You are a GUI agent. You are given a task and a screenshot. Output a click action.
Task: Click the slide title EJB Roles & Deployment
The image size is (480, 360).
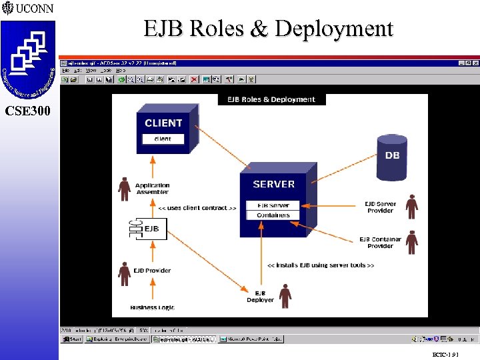coord(268,29)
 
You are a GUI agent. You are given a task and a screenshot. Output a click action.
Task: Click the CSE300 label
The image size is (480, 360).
coord(27,111)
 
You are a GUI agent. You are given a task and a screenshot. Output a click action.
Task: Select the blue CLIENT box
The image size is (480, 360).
coord(163,131)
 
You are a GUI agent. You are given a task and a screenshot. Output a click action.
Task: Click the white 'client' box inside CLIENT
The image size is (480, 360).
coord(162,139)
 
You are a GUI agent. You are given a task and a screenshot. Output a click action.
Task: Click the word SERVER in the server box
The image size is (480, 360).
coord(273,184)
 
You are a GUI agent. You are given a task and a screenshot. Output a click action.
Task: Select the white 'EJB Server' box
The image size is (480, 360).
coord(273,205)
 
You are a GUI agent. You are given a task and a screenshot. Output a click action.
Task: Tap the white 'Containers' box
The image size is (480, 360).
coord(273,215)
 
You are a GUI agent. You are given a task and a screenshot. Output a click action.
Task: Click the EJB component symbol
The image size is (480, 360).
coord(144,229)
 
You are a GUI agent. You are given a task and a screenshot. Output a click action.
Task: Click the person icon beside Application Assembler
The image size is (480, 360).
coord(124,189)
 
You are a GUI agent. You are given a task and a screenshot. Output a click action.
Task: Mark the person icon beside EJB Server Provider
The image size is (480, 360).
coord(412,207)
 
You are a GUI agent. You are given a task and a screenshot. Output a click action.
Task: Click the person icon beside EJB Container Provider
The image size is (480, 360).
coord(412,242)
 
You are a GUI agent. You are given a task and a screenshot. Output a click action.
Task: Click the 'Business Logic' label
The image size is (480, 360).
coord(153,307)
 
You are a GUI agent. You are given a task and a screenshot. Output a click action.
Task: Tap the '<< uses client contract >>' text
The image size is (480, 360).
coord(197,208)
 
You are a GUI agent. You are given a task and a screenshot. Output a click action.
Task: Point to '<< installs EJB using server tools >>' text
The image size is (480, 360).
coord(320,265)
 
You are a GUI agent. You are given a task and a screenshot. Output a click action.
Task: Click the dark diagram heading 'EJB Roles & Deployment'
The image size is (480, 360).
coord(271,99)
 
